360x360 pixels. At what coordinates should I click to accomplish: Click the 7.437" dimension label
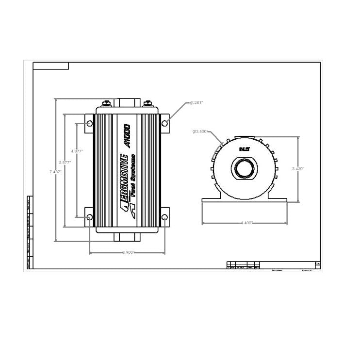[x=55, y=172]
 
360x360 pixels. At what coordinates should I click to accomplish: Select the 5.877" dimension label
[x=65, y=162]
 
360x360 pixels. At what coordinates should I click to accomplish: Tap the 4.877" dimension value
[x=77, y=151]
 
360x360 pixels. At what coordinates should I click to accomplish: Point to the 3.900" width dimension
[x=128, y=252]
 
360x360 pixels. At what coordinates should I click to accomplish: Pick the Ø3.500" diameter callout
[x=200, y=131]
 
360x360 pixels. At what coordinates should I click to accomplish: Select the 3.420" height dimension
[x=298, y=168]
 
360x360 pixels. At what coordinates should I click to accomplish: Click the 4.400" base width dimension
[x=246, y=223]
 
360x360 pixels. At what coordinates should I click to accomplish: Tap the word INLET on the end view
[x=244, y=150]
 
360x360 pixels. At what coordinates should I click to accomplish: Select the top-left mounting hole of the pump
[x=89, y=124]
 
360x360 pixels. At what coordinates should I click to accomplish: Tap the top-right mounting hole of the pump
[x=165, y=123]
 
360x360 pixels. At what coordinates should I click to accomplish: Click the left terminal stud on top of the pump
[x=106, y=103]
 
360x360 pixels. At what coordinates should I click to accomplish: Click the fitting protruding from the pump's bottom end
[x=127, y=237]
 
